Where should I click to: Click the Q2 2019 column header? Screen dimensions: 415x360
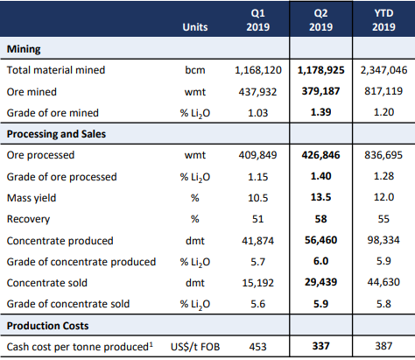click(x=320, y=20)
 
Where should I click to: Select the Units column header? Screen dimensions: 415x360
click(x=195, y=27)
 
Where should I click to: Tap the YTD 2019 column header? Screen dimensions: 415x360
click(x=383, y=20)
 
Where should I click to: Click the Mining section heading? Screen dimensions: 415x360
click(x=24, y=49)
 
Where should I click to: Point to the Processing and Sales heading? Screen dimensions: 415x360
click(x=56, y=134)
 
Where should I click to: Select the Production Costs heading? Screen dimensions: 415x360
click(x=47, y=326)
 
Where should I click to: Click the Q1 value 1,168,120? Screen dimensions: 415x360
click(x=258, y=70)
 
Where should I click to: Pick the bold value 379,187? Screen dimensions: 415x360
click(x=320, y=91)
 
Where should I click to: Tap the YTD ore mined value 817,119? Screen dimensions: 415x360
click(x=383, y=91)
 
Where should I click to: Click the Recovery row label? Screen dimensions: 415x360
click(x=28, y=219)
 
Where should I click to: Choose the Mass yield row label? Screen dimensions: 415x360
click(x=32, y=198)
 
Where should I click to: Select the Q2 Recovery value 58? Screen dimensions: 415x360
click(x=320, y=219)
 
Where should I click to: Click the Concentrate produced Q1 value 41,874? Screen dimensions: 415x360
click(x=258, y=241)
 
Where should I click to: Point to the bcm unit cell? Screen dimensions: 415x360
click(x=195, y=70)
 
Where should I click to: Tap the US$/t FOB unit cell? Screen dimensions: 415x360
click(x=195, y=347)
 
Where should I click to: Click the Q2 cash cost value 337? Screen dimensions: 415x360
click(x=320, y=346)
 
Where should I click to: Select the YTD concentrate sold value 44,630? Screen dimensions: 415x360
click(x=383, y=282)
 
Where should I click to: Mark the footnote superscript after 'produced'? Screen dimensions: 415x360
click(x=151, y=344)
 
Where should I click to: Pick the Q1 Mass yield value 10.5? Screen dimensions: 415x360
click(x=258, y=198)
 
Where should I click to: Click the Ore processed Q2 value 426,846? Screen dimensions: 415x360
click(x=320, y=155)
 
